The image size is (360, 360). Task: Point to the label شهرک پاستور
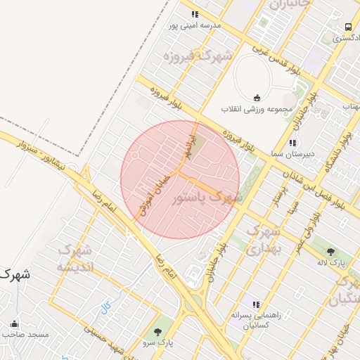tap(207, 198)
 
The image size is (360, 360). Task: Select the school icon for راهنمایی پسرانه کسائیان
tap(256, 304)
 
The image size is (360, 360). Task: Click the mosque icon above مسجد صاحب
tap(15, 324)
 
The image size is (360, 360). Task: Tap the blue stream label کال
tap(106, 306)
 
